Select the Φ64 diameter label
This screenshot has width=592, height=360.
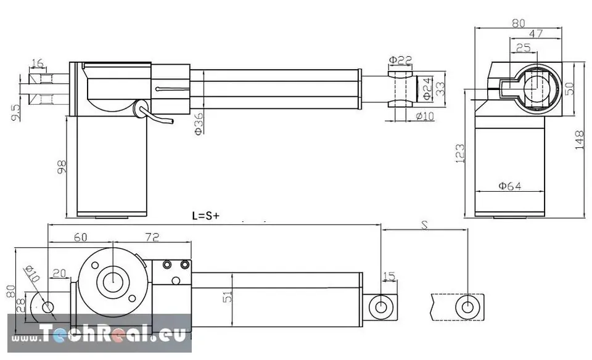pos(509,186)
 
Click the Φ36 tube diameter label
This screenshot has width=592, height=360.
pos(199,123)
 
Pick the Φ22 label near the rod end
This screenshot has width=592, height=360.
pos(400,60)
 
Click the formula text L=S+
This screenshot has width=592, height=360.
pos(205,216)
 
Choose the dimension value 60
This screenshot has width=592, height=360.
pos(80,237)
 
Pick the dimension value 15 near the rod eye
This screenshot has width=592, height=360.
pos(388,276)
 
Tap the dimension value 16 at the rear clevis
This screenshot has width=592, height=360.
pos(37,63)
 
